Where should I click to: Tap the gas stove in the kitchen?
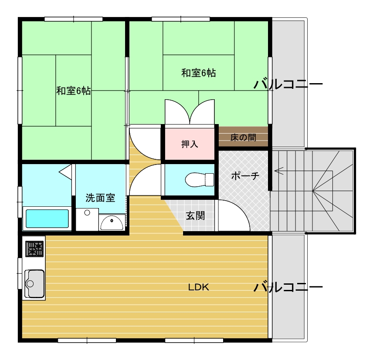[35, 249]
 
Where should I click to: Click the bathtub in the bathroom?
[47, 219]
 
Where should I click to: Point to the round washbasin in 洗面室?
[112, 223]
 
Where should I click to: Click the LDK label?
[199, 287]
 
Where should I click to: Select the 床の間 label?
[243, 138]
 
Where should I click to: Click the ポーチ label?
[245, 176]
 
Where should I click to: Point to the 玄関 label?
[195, 215]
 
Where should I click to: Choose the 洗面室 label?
[100, 198]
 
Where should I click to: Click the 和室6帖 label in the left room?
[73, 91]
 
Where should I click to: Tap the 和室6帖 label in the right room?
[198, 73]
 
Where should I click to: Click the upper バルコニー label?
[288, 84]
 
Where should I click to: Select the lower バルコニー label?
[288, 287]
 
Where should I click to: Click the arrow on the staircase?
[279, 171]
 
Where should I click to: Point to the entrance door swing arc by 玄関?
[237, 213]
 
